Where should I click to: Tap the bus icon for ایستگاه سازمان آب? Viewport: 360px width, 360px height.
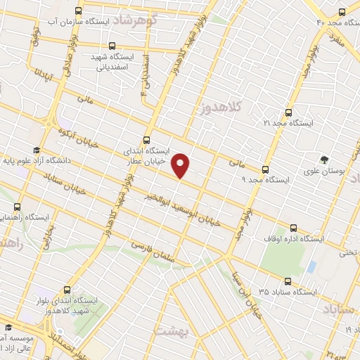point(78,11)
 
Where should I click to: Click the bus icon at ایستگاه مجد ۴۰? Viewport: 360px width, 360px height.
point(342,11)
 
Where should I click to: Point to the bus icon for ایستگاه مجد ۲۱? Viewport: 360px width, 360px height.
point(289,111)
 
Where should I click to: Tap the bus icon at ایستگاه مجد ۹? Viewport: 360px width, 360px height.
point(265,169)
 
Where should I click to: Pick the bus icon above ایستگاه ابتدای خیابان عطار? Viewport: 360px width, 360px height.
point(146,139)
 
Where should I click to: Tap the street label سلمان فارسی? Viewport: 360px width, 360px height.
point(155,254)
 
